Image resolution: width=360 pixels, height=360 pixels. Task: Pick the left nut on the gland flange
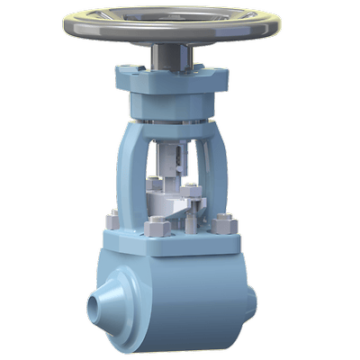click(156, 185)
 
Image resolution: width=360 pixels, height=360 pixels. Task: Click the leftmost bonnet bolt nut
click(113, 219)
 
